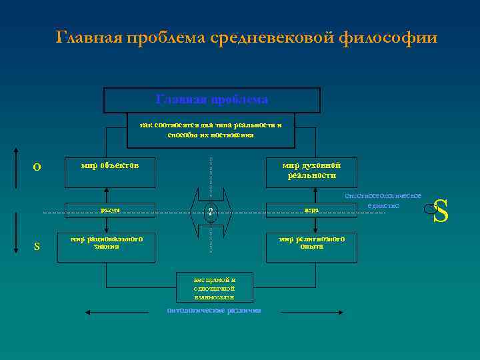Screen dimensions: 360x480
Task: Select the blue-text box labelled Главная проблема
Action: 212,100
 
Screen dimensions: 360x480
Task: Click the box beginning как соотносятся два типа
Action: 211,130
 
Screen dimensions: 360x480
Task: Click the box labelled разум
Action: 110,211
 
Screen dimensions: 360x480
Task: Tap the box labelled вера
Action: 311,211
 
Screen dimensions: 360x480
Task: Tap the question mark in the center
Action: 211,212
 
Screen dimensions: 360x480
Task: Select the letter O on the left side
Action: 37,166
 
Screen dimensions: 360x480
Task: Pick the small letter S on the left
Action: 37,247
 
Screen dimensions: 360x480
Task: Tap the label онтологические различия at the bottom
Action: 214,311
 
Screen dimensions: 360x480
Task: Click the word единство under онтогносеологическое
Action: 383,206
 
